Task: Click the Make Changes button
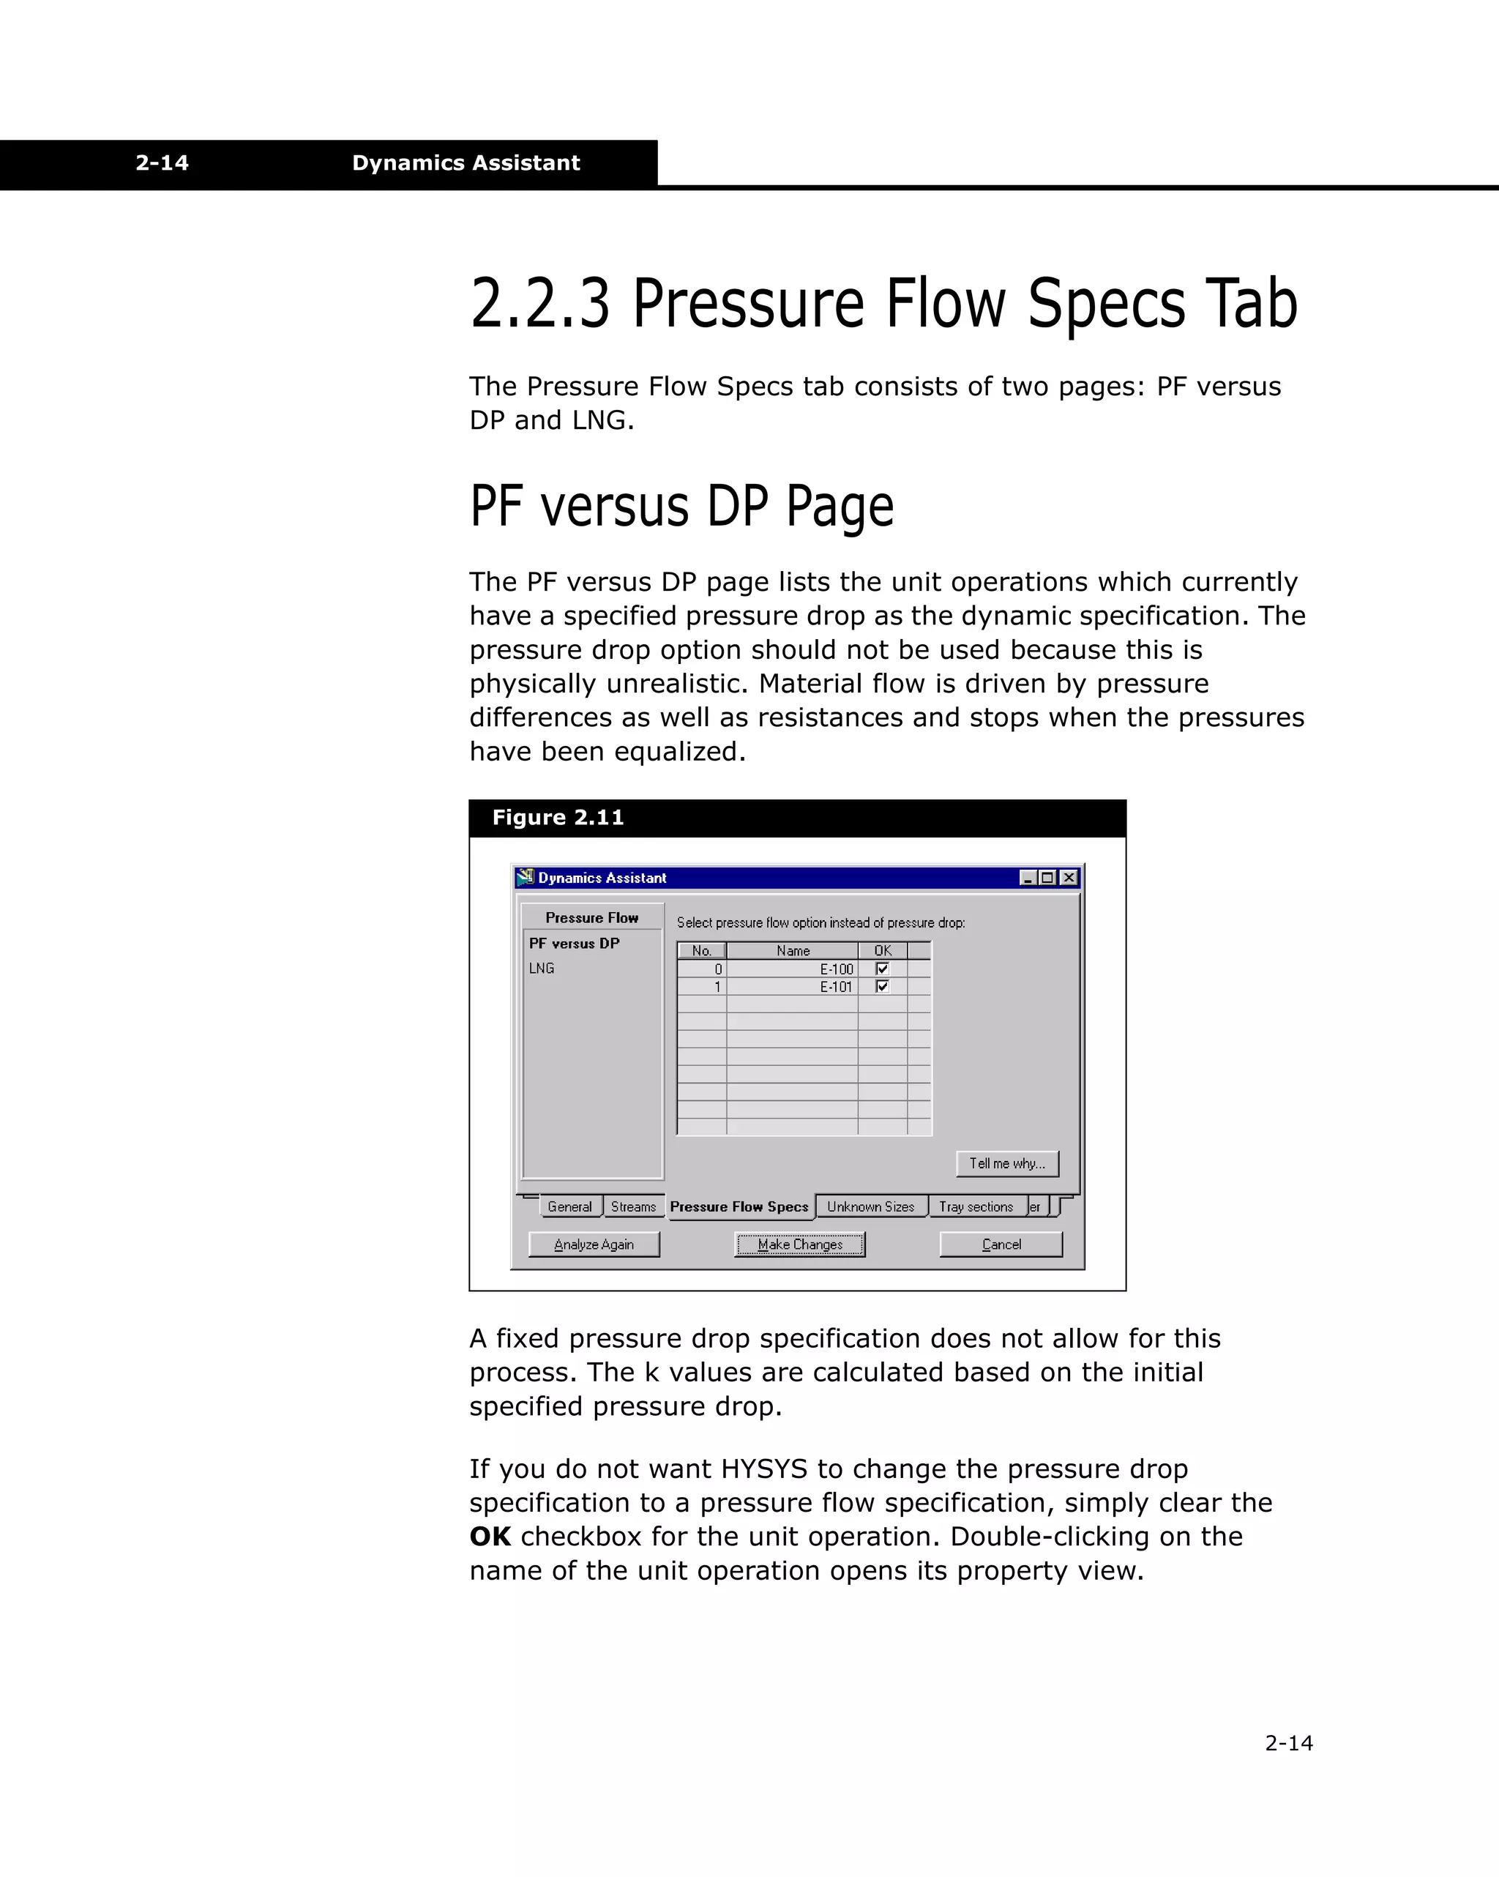(x=799, y=1244)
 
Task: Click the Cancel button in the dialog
(x=1001, y=1244)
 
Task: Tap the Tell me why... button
(x=1007, y=1163)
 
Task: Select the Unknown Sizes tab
(x=870, y=1206)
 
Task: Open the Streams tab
(x=633, y=1206)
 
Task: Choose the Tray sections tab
(x=976, y=1206)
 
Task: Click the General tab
(x=569, y=1206)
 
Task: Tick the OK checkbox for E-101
(x=882, y=986)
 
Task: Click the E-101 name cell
(x=792, y=986)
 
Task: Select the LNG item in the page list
(x=542, y=968)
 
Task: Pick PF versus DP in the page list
(x=575, y=943)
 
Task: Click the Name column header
(x=792, y=951)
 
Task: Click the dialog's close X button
(x=1069, y=878)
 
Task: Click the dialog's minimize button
(x=1027, y=878)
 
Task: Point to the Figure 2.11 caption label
(x=558, y=818)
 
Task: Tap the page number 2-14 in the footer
(x=1288, y=1743)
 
